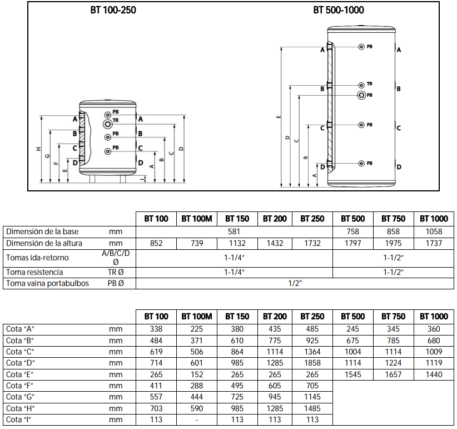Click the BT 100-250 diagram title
click(x=113, y=10)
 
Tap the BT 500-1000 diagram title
click(x=339, y=10)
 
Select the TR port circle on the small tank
click(x=107, y=124)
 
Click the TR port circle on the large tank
click(x=361, y=85)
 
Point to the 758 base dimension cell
click(x=352, y=232)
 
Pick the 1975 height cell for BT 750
click(x=393, y=244)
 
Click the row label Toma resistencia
click(x=34, y=272)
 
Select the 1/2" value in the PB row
click(x=295, y=283)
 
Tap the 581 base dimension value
click(x=234, y=232)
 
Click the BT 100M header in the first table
click(x=197, y=219)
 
